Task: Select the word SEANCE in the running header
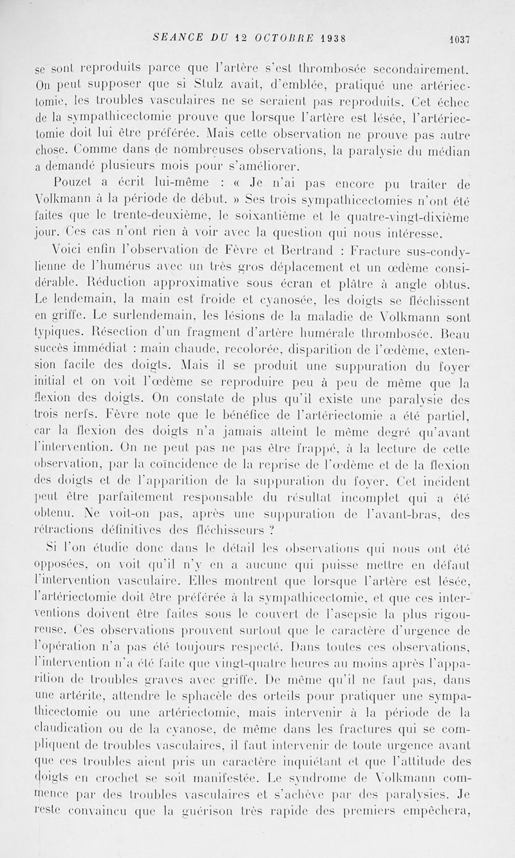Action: [x=174, y=37]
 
